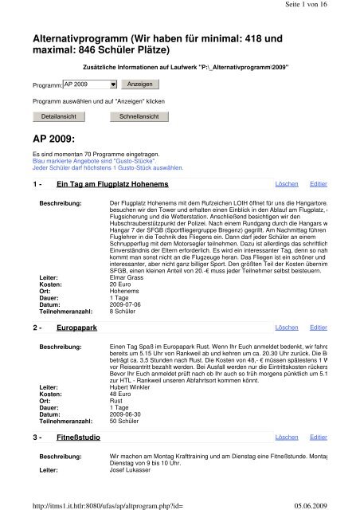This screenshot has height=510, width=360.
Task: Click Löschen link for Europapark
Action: coord(287,327)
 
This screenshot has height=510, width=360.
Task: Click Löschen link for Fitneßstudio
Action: coord(287,437)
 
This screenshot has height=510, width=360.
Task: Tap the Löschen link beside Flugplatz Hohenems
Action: coord(287,183)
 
